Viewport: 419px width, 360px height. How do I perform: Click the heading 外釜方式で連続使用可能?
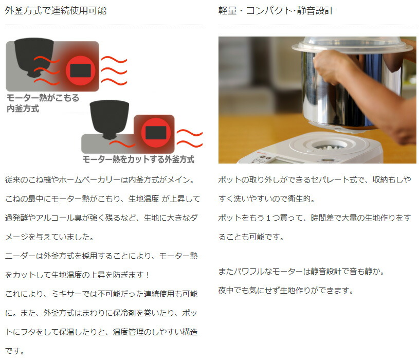coord(56,10)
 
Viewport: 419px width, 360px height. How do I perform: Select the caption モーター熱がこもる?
coord(43,98)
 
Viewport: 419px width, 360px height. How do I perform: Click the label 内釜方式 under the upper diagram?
coord(23,109)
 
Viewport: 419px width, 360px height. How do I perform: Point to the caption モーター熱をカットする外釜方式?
coord(138,159)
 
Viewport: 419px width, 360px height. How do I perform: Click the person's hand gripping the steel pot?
coord(329,67)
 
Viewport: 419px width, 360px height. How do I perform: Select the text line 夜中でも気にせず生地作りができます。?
coord(286,290)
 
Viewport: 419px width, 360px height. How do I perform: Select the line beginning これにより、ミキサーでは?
coord(101,294)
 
